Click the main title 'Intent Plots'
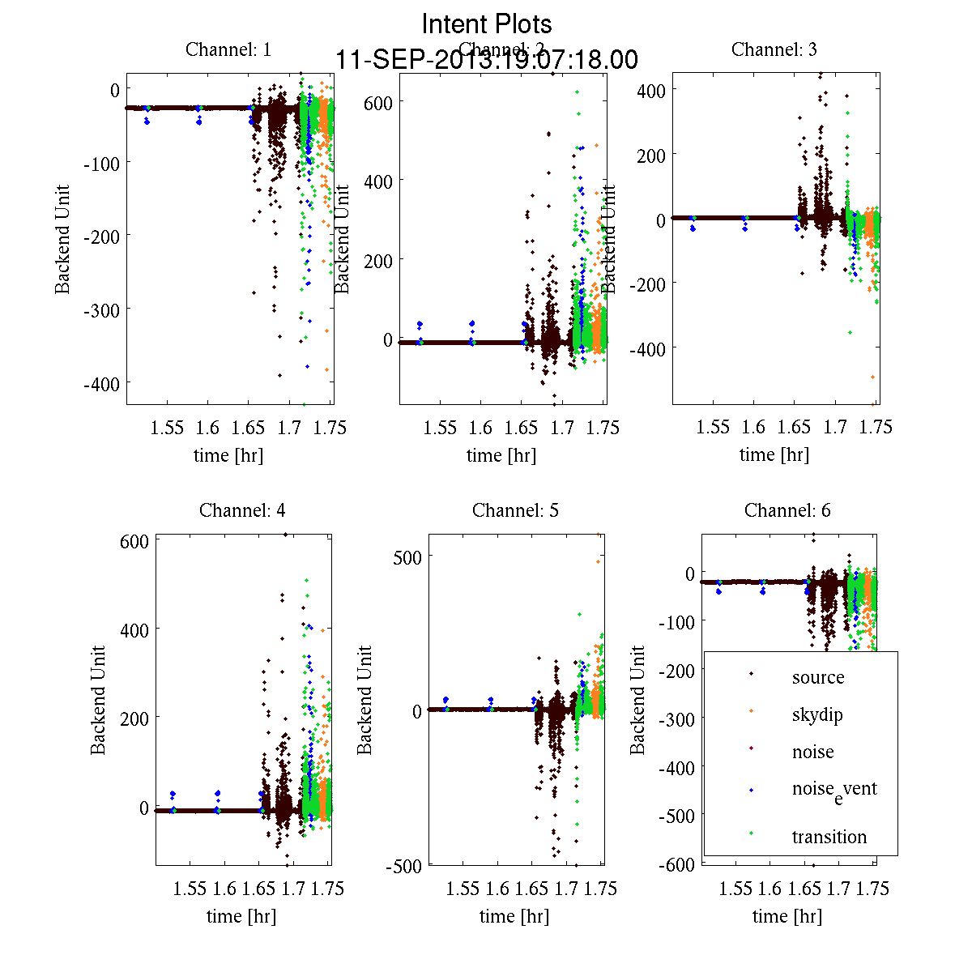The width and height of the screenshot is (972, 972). coord(487,24)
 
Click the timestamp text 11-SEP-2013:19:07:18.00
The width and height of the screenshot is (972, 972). coord(487,60)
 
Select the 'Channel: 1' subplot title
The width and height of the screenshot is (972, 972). coord(228,49)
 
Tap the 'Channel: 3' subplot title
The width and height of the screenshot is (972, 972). coord(774,49)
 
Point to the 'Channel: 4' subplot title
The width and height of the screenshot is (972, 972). coord(242,510)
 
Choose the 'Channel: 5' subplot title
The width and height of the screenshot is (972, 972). coord(515,510)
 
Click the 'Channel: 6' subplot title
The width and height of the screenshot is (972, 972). coord(787,510)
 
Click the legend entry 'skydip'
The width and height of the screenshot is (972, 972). coord(817,714)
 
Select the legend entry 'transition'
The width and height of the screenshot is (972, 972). coord(829,837)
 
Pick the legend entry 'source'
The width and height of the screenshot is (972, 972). coord(818,677)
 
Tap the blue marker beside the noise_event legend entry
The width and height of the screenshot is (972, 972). coord(752,790)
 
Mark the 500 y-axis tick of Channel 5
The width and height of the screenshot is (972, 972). coord(407,556)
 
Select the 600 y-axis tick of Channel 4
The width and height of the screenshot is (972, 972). coord(134,541)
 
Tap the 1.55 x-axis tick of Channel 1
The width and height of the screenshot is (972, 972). coord(168,428)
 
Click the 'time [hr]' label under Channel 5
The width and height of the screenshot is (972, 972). coord(514,916)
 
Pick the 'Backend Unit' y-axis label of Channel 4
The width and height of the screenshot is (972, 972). coord(98,700)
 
